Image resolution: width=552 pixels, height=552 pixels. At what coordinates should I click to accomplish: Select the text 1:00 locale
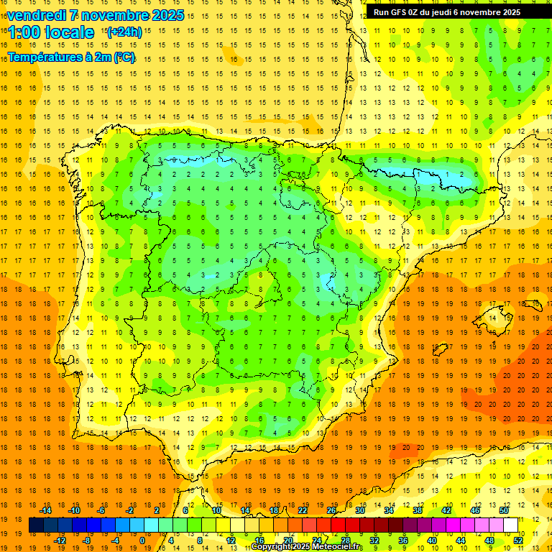[x=51, y=32]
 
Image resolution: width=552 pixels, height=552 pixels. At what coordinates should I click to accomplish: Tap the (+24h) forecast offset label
[x=124, y=32]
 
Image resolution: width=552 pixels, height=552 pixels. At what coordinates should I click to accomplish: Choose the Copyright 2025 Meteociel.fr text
[x=307, y=547]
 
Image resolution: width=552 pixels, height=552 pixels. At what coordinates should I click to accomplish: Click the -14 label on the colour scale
[x=45, y=510]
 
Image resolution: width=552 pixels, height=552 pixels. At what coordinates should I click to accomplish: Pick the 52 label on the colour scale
[x=518, y=540]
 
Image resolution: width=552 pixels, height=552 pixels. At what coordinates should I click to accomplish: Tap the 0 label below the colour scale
[x=144, y=540]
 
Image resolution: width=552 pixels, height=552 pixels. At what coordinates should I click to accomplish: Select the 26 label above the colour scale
[x=331, y=510]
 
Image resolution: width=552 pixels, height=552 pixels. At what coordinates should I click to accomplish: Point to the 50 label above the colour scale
[x=504, y=510]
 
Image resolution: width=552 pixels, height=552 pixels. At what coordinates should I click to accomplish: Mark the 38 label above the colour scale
[x=418, y=510]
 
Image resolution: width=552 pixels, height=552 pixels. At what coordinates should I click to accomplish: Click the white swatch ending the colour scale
[x=511, y=525]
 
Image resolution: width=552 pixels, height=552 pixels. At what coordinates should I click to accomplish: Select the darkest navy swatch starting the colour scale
[x=36, y=525]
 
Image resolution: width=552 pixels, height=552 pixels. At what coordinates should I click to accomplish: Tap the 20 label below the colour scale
[x=288, y=540]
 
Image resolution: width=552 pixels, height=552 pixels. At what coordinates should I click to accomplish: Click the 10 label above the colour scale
[x=216, y=510]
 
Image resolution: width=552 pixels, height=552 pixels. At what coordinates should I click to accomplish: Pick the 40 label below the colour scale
[x=432, y=540]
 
